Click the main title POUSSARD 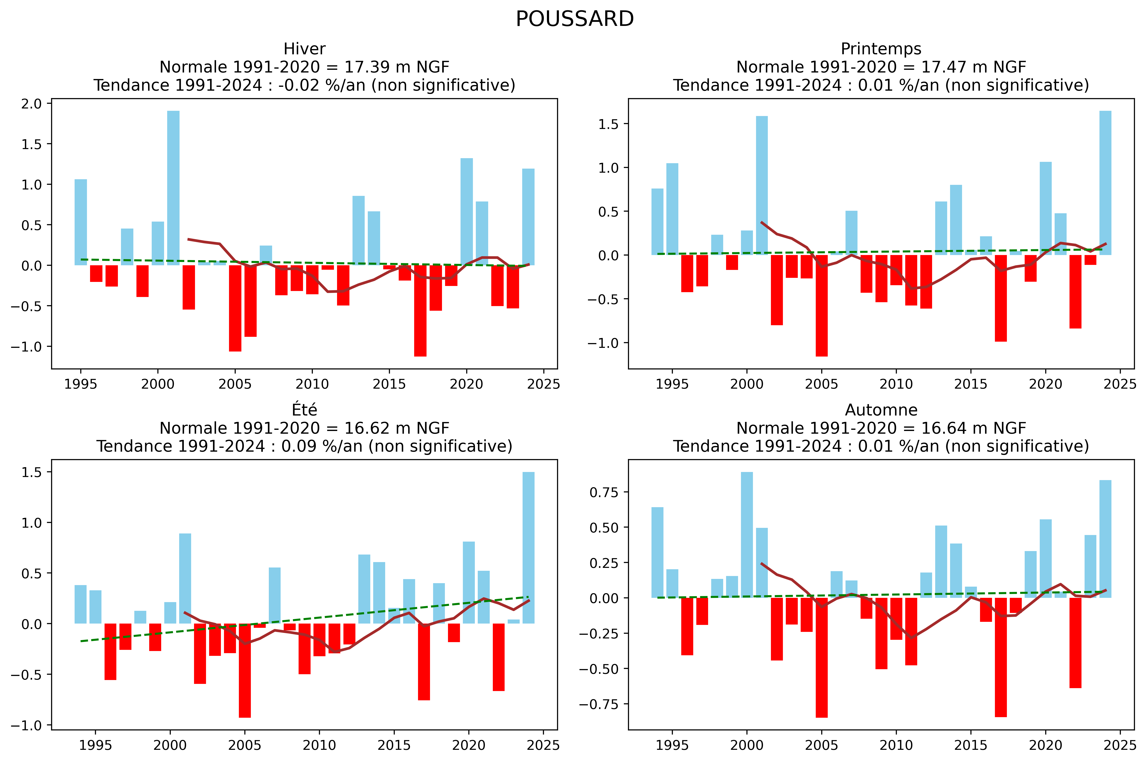575,20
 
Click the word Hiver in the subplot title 304,49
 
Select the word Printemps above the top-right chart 881,49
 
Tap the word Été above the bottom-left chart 304,410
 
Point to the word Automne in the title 881,410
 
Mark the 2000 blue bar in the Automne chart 747,535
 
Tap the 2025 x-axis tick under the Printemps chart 1120,384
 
